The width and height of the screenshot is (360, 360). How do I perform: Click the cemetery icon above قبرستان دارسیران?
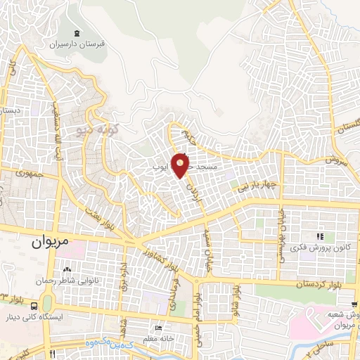[76, 33]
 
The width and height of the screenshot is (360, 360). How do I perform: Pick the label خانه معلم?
[161, 340]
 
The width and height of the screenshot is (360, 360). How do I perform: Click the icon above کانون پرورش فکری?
[321, 236]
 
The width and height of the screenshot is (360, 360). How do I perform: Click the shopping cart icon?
[356, 306]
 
